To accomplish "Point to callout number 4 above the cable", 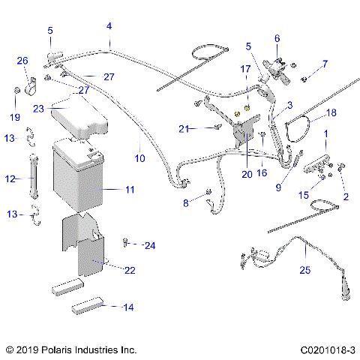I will click(109, 26).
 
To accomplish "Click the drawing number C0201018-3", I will click(327, 349).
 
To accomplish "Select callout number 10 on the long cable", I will click(139, 159).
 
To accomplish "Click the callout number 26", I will click(22, 61).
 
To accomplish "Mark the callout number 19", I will click(15, 116).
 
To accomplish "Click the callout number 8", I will click(187, 203).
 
